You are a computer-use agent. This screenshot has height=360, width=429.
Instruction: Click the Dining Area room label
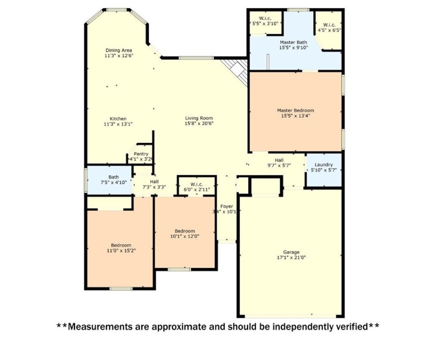118,50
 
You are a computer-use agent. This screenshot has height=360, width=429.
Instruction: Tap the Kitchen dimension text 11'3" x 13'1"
118,124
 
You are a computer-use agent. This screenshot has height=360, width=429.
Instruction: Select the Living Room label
199,118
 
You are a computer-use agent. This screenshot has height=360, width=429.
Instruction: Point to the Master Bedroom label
295,111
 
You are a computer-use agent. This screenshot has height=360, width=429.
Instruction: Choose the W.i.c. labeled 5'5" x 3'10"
265,21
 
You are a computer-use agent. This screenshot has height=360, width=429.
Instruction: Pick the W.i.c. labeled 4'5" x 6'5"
329,27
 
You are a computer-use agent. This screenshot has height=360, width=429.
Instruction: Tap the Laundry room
324,167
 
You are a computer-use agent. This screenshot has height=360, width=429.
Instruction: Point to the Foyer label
227,206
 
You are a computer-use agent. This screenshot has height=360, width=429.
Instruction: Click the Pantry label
141,154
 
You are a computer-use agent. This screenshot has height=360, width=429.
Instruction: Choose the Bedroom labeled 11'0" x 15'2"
120,247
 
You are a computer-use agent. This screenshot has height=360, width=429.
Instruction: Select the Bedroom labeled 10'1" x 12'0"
185,233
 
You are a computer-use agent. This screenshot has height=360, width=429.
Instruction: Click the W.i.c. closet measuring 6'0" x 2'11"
197,187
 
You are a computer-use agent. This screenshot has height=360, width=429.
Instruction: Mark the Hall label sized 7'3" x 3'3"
154,184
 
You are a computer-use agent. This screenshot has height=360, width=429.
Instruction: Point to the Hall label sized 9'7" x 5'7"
279,163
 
